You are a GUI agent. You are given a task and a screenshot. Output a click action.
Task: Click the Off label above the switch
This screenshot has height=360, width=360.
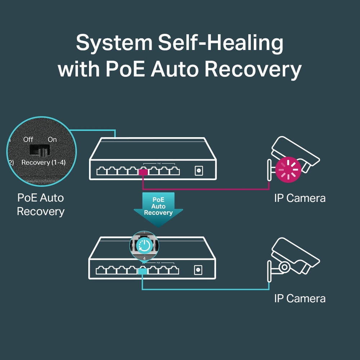click(28, 139)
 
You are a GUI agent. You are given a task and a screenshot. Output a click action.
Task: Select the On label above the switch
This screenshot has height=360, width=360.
click(52, 139)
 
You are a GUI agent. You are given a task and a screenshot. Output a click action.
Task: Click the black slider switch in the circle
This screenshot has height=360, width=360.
click(39, 151)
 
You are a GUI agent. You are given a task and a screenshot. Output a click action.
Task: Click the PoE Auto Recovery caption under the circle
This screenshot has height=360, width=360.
click(40, 204)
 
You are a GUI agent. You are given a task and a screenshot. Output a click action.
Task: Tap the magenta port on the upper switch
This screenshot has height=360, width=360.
click(143, 172)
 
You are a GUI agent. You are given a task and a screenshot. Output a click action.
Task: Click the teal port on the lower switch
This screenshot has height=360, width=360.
click(143, 271)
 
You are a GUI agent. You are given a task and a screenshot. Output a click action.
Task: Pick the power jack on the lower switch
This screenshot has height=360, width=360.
click(198, 269)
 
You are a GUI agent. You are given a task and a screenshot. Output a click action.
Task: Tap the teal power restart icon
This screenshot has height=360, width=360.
click(144, 246)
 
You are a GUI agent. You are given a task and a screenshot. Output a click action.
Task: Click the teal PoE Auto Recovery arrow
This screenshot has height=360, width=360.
click(158, 209)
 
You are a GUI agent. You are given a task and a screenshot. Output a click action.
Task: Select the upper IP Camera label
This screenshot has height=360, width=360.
click(300, 198)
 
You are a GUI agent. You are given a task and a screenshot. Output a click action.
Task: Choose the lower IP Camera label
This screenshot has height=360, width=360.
click(300, 298)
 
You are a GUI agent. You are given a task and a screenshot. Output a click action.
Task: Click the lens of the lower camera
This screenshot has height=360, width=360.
click(284, 267)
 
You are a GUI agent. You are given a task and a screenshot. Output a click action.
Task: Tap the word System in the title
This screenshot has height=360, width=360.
click(114, 44)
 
